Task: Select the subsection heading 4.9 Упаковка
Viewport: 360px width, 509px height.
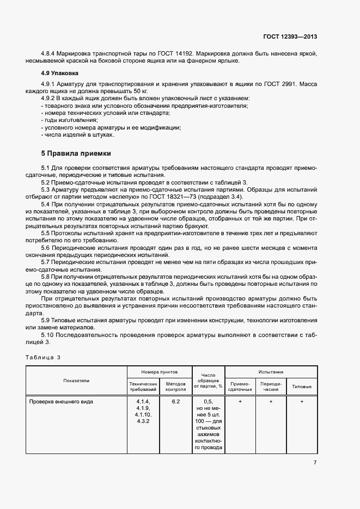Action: pos(59,72)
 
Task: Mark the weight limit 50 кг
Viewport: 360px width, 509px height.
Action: pos(140,91)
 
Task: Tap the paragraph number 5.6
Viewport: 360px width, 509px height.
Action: pos(46,247)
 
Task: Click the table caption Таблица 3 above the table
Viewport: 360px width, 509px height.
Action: pos(42,357)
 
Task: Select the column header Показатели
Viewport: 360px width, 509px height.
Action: pos(76,381)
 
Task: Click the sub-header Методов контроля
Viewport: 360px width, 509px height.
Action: pos(175,387)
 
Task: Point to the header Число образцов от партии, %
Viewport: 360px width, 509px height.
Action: pos(208,381)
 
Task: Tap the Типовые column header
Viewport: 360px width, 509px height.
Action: pos(302,387)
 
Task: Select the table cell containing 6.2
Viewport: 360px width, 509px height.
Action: pos(175,401)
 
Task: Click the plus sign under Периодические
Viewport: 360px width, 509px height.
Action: pos(271,401)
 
